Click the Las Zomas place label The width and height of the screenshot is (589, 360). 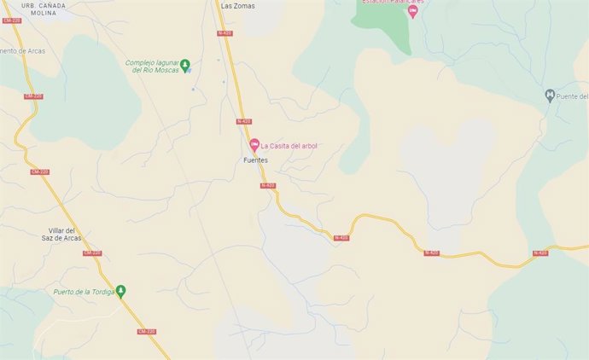point(237,5)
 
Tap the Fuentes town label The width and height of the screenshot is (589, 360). point(256,160)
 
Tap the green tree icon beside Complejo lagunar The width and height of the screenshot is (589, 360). point(186,65)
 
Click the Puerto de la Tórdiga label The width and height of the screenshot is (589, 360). point(83,291)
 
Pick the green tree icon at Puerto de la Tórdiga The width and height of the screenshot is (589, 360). point(121,291)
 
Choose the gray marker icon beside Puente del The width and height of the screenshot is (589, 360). point(550,95)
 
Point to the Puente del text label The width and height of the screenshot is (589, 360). point(573,95)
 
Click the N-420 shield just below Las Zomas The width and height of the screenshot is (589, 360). point(225,32)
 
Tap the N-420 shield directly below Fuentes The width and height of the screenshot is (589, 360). point(267,185)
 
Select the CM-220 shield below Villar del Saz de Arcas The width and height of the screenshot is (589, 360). point(93,253)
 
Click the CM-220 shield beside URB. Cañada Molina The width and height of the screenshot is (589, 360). point(13,20)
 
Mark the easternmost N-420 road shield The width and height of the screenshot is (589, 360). point(540,253)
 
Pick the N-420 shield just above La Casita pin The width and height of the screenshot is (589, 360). point(245,121)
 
